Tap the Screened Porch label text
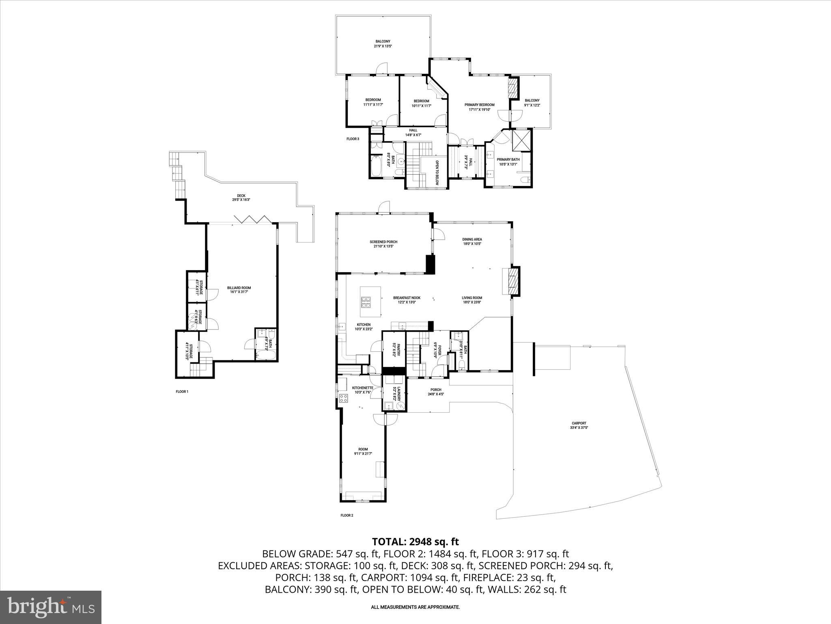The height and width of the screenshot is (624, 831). [x=383, y=244]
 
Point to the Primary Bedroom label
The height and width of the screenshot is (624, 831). [x=480, y=107]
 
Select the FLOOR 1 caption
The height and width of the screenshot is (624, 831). [x=182, y=392]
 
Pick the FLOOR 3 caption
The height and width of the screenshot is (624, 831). [x=353, y=139]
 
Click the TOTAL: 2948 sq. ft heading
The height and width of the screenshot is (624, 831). [x=415, y=542]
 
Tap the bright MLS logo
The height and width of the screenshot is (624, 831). [x=51, y=607]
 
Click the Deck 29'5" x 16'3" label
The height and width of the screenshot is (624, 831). [x=241, y=198]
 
